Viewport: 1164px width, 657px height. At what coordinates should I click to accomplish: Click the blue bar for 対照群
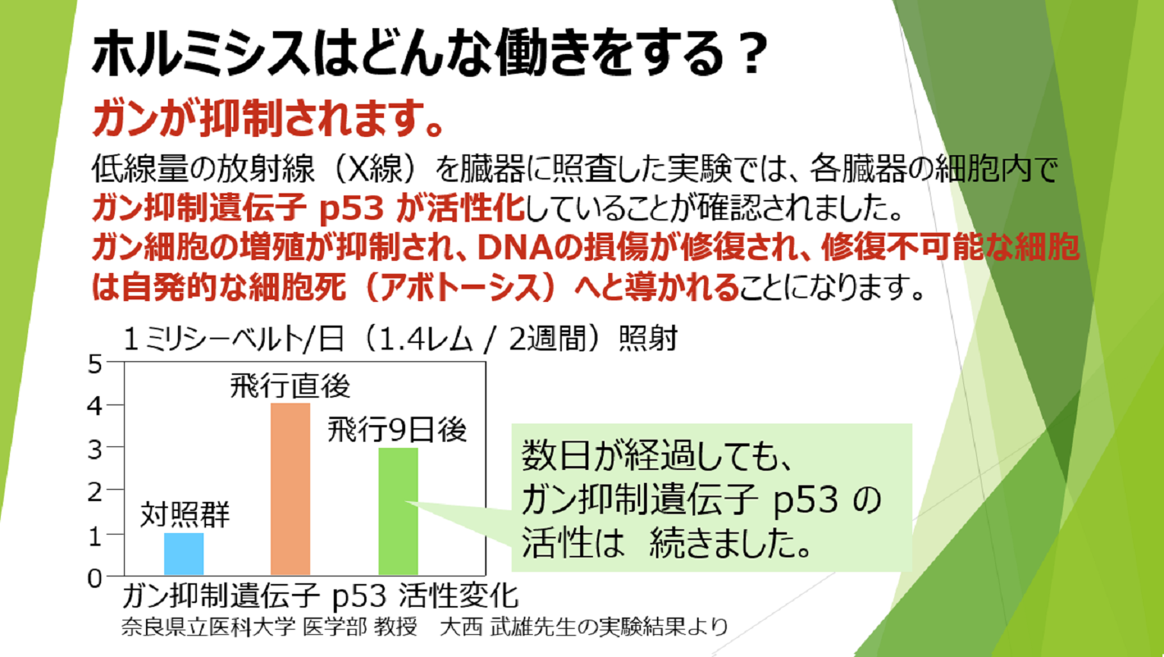tap(184, 554)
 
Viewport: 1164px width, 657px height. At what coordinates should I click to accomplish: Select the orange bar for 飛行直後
tap(290, 489)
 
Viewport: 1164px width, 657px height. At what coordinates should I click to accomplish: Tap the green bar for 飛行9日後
tap(398, 512)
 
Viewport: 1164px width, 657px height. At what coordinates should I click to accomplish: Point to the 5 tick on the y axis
tap(95, 364)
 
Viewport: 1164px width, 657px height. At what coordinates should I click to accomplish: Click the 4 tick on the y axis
tap(95, 406)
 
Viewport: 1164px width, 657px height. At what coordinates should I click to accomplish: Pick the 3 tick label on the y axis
tap(95, 449)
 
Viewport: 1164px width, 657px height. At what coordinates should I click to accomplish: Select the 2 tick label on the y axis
tap(95, 492)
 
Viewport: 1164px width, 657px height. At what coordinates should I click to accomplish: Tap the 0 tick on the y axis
tap(95, 578)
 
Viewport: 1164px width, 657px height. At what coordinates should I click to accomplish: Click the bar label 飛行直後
tap(290, 386)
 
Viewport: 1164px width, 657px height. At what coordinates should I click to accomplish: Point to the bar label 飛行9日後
tap(397, 430)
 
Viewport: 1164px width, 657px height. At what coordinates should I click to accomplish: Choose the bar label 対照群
tap(185, 515)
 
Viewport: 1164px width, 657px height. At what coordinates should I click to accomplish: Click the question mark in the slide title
tap(752, 52)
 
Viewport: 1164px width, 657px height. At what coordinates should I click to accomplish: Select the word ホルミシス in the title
tap(201, 52)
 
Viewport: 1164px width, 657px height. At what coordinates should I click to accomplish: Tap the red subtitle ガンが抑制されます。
tap(268, 119)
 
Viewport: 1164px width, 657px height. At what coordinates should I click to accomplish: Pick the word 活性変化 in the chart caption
tap(459, 596)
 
